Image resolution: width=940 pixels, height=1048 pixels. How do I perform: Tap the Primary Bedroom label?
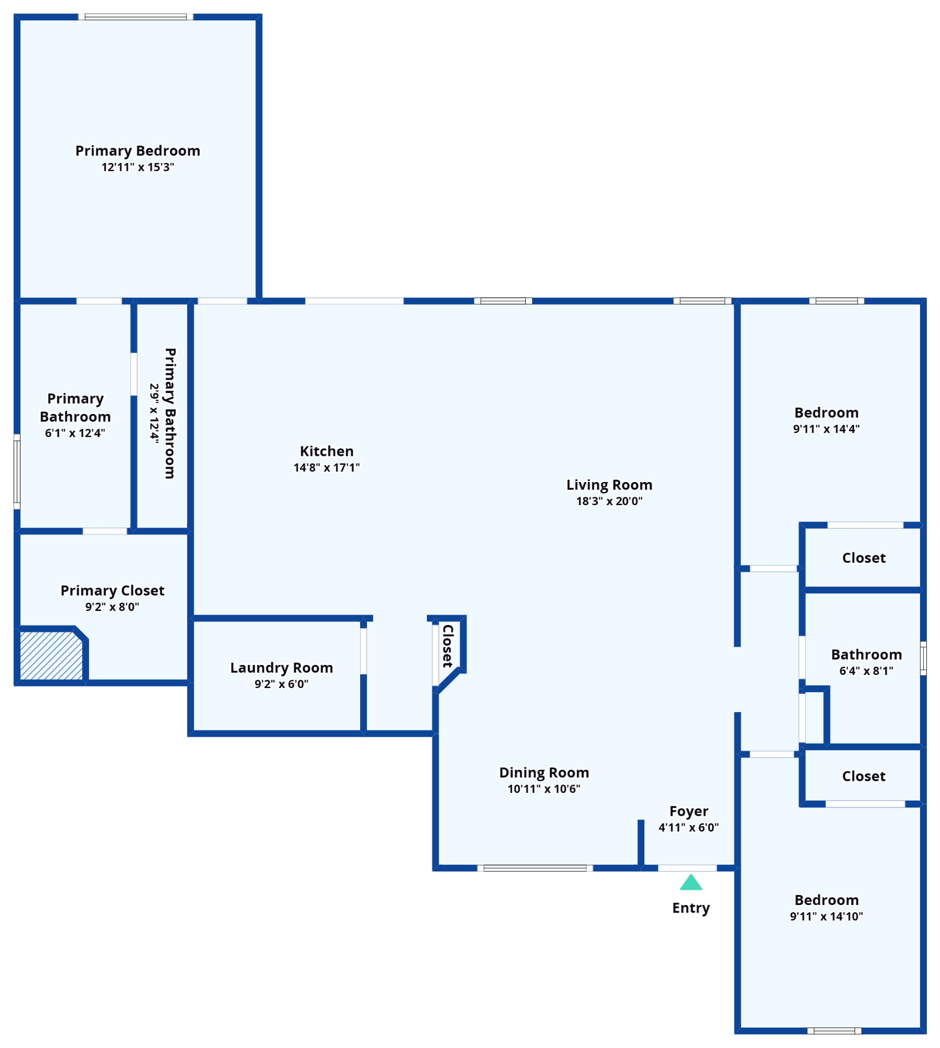pos(138,151)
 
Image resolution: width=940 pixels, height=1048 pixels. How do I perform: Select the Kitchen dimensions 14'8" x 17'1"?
pos(327,467)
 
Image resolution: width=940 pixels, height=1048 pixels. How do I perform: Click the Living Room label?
pos(609,485)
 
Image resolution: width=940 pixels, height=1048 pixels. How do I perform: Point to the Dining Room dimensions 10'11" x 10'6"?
pos(544,789)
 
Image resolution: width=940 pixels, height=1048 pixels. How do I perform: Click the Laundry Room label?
pos(282,668)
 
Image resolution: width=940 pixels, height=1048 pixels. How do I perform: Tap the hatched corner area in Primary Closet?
pos(51,656)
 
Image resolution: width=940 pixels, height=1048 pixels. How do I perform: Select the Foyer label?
pos(689,811)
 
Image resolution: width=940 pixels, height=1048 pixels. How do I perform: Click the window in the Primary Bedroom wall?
pos(136,17)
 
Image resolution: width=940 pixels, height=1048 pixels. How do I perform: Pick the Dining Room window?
pos(535,868)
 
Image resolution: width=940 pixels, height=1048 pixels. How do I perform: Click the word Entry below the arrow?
pos(691,908)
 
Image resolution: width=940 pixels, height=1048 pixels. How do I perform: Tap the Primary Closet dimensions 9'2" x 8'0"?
pos(112,607)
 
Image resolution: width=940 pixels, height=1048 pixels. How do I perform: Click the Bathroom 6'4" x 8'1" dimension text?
pos(866,671)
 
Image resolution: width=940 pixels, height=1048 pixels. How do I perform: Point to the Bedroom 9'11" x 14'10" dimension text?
pos(826,916)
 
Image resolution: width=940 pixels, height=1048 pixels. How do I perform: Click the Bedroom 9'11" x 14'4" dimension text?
pos(826,429)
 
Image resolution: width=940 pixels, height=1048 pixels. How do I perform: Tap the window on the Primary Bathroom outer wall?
pos(17,472)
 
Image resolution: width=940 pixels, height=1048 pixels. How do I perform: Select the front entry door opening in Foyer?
pos(687,868)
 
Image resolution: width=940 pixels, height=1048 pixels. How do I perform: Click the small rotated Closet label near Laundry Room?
pos(448,646)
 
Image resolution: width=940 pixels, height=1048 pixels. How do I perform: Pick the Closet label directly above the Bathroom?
pos(863,558)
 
